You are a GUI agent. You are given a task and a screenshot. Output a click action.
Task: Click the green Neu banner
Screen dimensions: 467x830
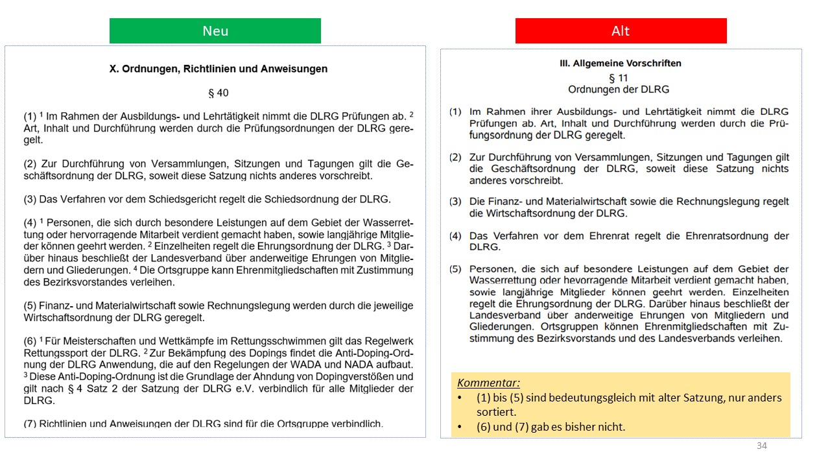(x=215, y=31)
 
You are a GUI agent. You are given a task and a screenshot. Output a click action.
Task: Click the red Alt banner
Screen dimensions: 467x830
(x=621, y=31)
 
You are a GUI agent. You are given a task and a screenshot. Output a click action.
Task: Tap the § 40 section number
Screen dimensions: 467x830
(x=219, y=93)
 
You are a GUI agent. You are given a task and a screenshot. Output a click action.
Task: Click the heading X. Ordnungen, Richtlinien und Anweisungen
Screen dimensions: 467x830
(x=219, y=69)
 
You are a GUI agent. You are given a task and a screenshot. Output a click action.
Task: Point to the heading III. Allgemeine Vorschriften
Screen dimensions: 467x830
(x=621, y=64)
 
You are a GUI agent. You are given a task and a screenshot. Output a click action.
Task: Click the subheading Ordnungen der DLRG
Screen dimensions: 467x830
(x=619, y=90)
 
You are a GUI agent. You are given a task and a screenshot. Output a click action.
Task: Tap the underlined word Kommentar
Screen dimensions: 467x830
(x=488, y=383)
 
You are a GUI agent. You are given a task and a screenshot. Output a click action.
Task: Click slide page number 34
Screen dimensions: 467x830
(x=761, y=446)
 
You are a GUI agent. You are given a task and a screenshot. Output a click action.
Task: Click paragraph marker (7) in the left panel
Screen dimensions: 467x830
(x=30, y=424)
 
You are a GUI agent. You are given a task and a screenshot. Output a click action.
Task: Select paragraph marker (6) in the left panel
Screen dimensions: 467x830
(x=30, y=341)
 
